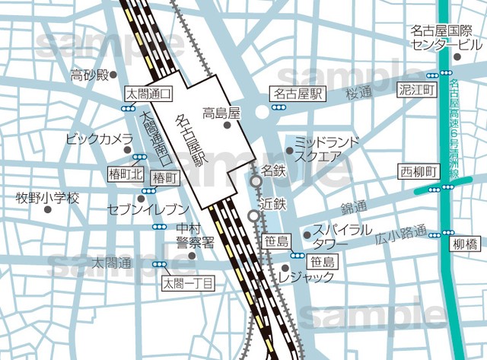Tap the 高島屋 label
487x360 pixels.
tap(221, 114)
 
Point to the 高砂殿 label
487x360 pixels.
tap(89, 75)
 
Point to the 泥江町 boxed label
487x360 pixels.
tap(417, 90)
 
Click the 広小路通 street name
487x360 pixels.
tap(401, 237)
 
